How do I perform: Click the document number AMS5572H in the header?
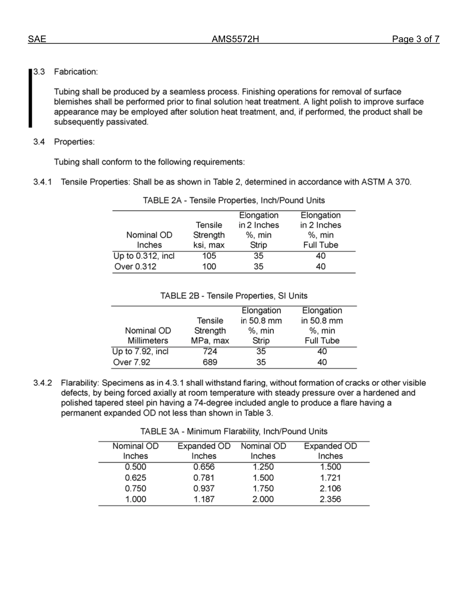235,40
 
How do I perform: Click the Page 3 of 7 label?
415,40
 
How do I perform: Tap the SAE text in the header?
37,40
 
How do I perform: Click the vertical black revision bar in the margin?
30,98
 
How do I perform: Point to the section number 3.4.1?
43,182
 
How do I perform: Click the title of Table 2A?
234,200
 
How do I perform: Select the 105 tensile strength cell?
209,256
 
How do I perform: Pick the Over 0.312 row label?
135,267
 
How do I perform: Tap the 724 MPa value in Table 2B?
210,352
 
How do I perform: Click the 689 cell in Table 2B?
210,363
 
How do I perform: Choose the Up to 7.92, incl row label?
141,352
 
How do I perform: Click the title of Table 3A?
234,431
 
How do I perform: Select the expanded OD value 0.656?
204,467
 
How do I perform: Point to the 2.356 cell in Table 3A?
330,499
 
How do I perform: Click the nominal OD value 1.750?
263,488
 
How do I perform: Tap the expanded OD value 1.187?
204,499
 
